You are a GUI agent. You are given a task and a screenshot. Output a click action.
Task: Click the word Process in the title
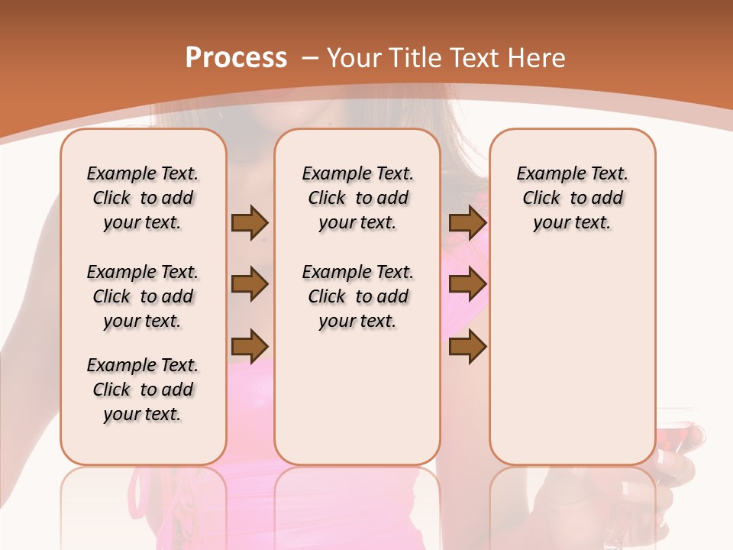point(236,58)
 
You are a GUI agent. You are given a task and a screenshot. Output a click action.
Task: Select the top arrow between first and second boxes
point(250,222)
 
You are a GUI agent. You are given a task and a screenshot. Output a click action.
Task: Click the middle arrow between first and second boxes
point(250,284)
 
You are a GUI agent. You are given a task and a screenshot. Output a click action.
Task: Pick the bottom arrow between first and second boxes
point(250,345)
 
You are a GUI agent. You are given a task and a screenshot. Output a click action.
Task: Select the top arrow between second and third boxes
point(467,222)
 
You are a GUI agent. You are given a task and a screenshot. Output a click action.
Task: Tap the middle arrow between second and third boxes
point(467,284)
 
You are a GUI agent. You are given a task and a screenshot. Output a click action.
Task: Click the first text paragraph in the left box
point(143,198)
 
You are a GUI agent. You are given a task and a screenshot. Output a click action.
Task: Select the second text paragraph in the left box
point(143,296)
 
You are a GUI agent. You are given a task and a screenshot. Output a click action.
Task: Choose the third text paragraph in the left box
point(143,390)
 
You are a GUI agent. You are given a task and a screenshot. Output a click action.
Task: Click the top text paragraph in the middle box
point(358,198)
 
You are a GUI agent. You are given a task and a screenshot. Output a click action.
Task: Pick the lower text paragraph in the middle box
point(358,296)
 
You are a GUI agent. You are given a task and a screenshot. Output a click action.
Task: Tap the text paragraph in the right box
point(573,198)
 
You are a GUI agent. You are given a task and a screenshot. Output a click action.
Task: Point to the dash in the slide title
point(310,58)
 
